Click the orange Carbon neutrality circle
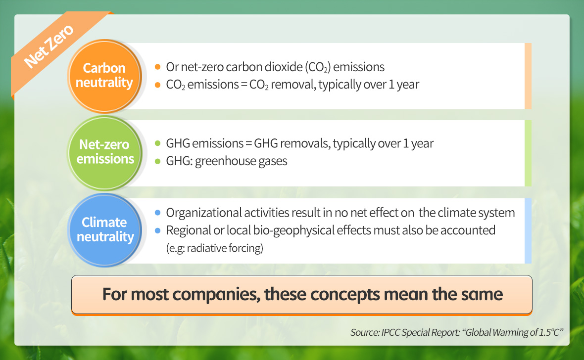pos(104,76)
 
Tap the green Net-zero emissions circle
pos(104,153)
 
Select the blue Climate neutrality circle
pos(104,230)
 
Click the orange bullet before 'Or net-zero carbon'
pos(157,67)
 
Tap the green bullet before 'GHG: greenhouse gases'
pos(157,161)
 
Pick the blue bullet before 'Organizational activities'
pos(157,213)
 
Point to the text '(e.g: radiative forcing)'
pos(214,248)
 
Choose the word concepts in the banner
pos(345,294)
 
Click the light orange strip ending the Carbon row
pos(528,76)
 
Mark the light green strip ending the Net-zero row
pos(528,153)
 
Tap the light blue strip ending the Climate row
pos(528,231)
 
